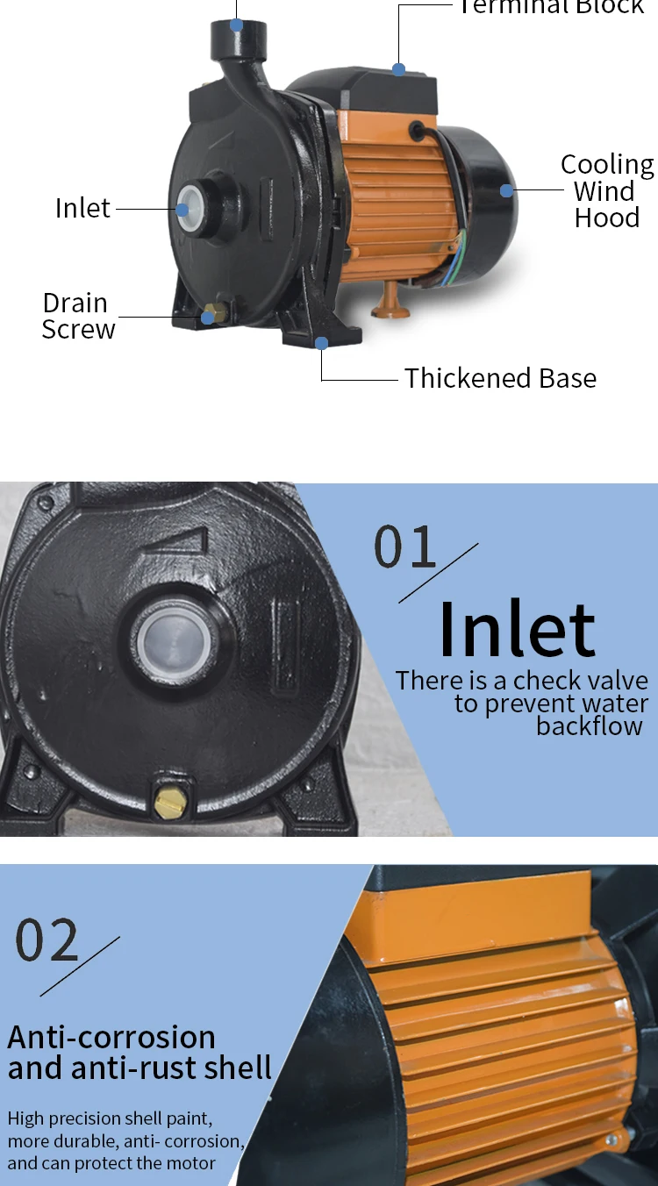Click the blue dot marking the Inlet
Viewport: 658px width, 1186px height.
tap(182, 210)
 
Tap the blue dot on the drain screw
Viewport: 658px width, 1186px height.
tap(208, 317)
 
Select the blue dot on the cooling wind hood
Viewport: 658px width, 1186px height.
tap(506, 189)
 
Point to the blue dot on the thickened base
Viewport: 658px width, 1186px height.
tap(322, 343)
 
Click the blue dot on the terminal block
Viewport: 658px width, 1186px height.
tap(399, 68)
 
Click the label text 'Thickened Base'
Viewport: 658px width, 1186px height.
tap(500, 378)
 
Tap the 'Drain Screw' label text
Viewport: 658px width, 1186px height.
tap(77, 316)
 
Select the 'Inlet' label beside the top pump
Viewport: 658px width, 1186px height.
tap(82, 209)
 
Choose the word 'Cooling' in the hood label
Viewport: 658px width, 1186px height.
tap(607, 165)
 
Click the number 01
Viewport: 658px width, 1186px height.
tap(405, 547)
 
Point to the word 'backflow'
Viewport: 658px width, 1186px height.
tap(590, 726)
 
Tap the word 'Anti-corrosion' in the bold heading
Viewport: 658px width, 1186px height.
tap(111, 1037)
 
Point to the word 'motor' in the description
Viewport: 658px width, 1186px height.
tap(191, 1164)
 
